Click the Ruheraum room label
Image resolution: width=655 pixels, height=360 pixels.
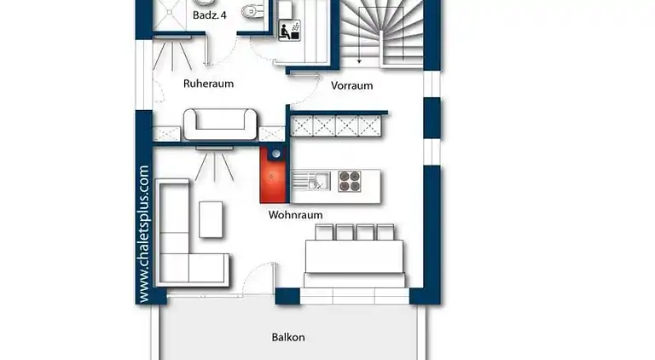tap(208, 84)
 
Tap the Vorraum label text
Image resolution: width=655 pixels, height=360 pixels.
tap(351, 85)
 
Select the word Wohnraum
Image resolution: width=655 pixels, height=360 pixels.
tap(295, 215)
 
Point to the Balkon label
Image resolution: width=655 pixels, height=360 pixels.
tap(288, 337)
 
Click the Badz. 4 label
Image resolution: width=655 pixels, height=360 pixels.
tap(208, 15)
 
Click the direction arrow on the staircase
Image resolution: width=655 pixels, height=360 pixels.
tap(360, 55)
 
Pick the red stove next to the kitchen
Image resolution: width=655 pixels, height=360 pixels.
tap(274, 180)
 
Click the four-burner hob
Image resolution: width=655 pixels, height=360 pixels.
tap(350, 181)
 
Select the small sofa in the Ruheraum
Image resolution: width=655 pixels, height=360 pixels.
tap(220, 124)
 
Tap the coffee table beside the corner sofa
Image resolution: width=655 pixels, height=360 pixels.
tap(212, 218)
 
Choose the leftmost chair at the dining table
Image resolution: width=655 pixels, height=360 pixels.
tap(323, 232)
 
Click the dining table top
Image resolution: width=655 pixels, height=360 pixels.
tap(355, 256)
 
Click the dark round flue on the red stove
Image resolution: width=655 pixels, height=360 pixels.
tap(275, 154)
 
